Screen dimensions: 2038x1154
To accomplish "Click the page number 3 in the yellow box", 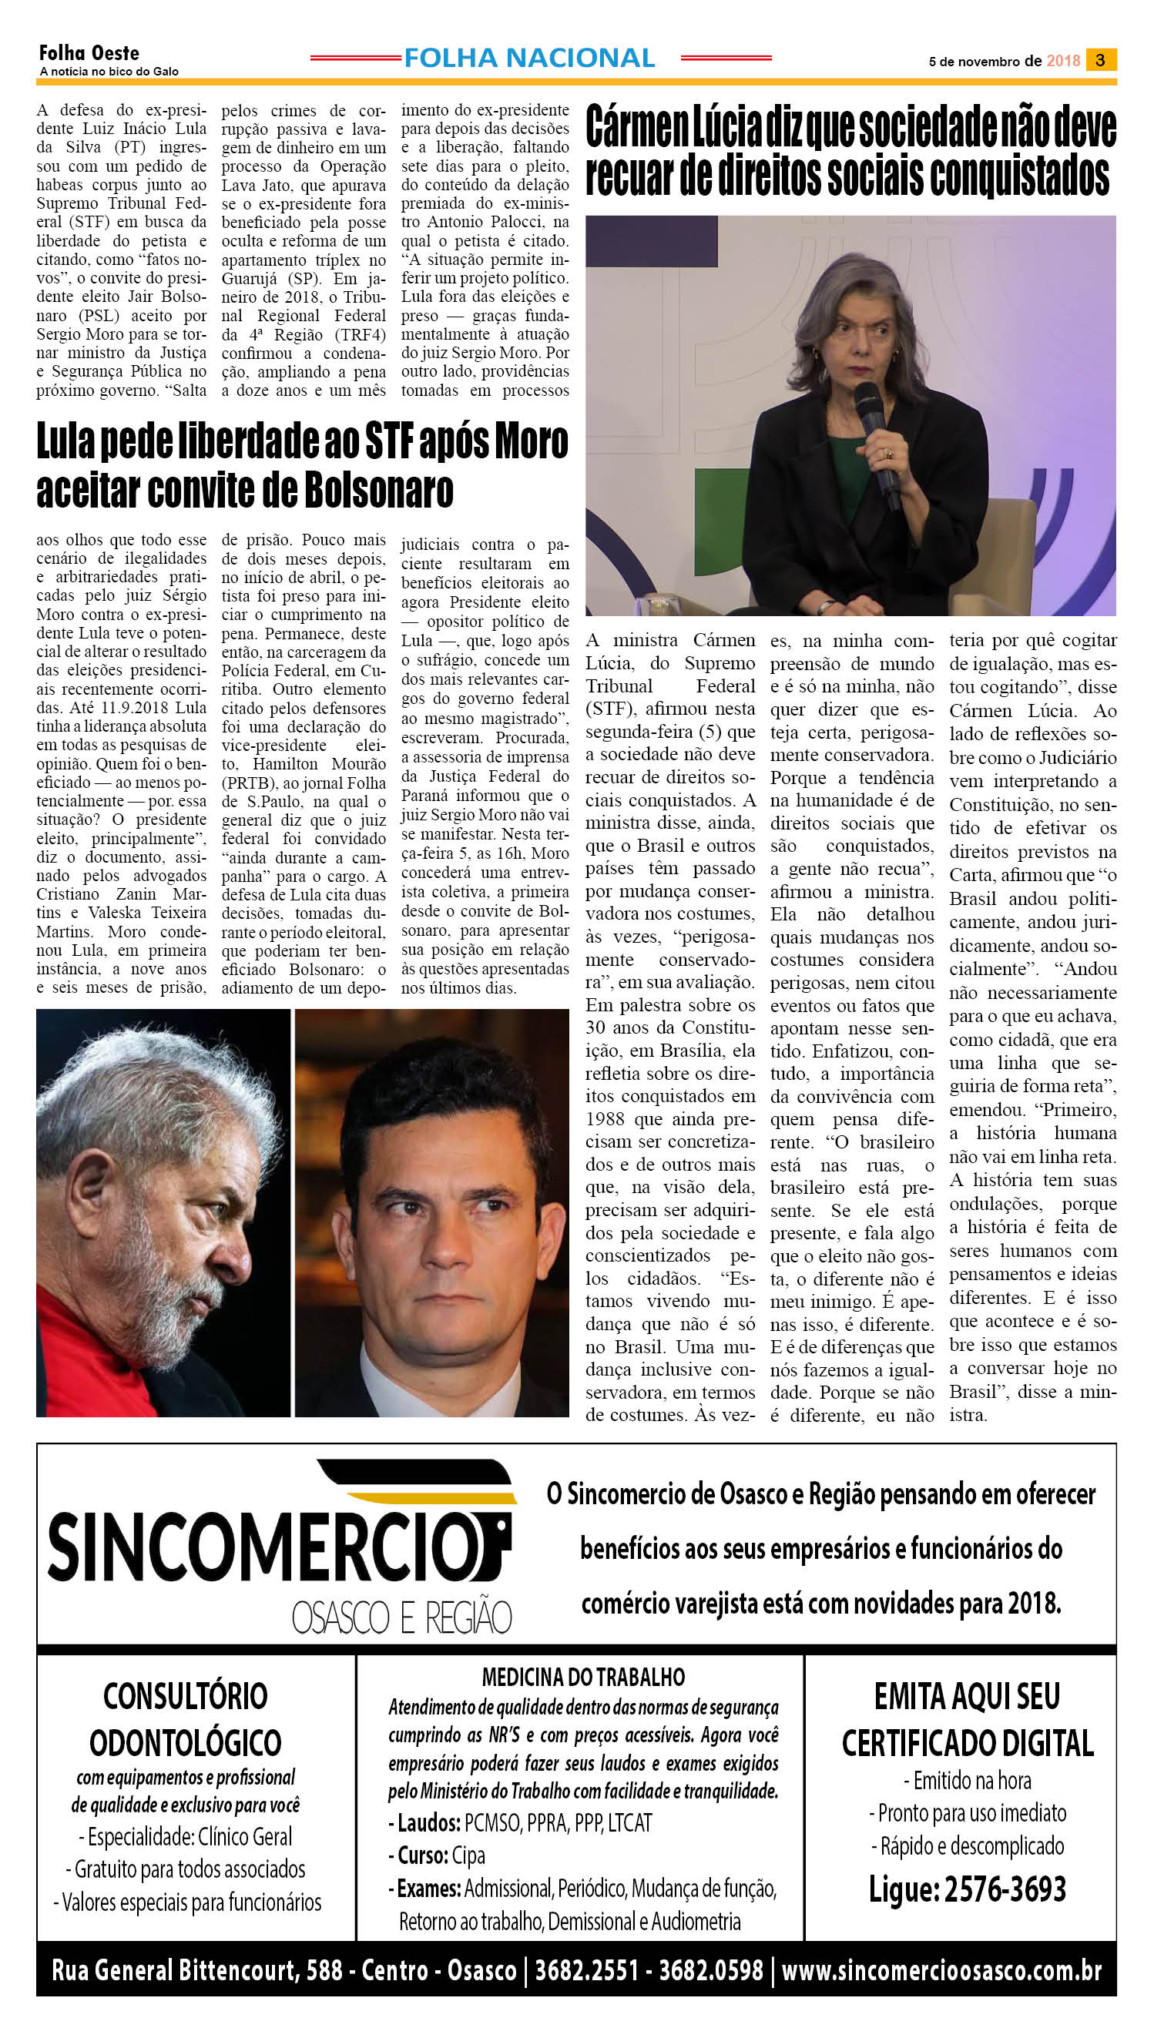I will pos(1099,60).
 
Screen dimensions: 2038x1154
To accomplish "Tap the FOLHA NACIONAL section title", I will pos(528,58).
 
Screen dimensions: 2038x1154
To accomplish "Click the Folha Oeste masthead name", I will pos(89,53).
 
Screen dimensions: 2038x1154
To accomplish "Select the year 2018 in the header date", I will pos(1063,61).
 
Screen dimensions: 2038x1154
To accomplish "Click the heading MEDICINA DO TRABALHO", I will pos(582,1677).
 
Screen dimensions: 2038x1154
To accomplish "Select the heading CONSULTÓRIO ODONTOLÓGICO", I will pos(186,1719).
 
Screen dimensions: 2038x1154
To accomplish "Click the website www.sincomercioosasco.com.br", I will pos(941,1970).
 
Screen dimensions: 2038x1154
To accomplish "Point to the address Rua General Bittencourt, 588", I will pos(196,1970).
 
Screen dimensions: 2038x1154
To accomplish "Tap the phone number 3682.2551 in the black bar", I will pos(585,1970).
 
